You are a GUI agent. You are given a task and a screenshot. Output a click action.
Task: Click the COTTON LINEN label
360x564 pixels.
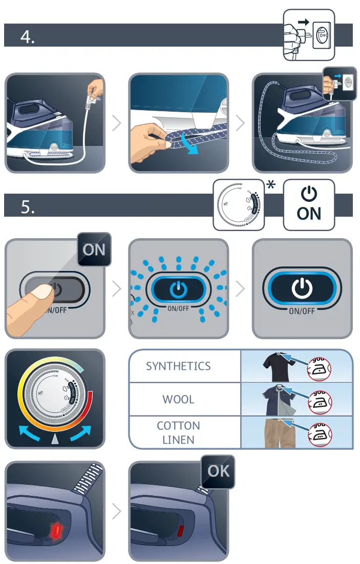(x=178, y=432)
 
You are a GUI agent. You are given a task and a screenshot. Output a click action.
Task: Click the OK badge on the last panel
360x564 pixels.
(x=218, y=471)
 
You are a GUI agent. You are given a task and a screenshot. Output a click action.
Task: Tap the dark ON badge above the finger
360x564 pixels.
(x=94, y=250)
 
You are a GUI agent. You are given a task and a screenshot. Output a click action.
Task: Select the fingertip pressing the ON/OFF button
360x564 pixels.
(x=38, y=294)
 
